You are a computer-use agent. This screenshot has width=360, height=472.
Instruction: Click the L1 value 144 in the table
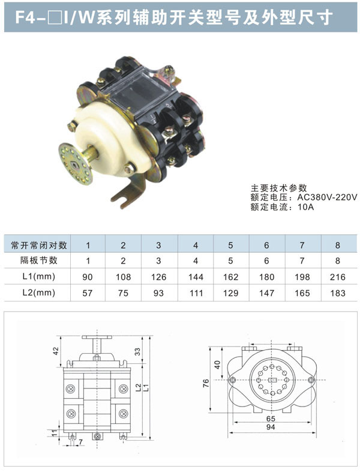click(x=196, y=277)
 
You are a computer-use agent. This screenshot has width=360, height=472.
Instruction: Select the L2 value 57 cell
click(x=88, y=293)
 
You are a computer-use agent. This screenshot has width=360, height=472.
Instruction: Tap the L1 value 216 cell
click(x=337, y=277)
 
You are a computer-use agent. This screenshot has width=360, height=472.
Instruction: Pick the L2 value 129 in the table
click(x=230, y=293)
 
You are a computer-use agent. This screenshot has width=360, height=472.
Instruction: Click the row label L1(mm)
click(x=39, y=276)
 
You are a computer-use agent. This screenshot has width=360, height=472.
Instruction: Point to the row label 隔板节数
click(x=39, y=260)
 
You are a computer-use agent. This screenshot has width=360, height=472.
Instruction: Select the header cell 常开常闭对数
click(x=39, y=245)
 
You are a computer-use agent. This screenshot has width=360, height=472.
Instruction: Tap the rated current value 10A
click(x=305, y=207)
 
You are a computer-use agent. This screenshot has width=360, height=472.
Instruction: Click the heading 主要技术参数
click(x=279, y=188)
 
